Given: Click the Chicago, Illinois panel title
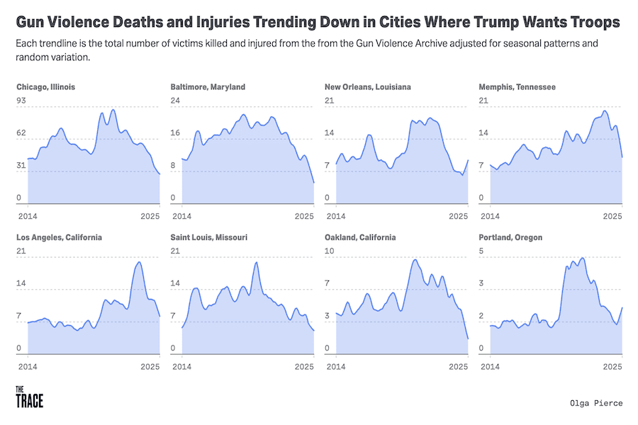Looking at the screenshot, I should point(45,87).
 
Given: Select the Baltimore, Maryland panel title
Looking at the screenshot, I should point(208,87).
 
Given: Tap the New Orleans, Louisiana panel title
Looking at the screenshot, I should point(367,87).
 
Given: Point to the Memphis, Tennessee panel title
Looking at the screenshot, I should point(517,87).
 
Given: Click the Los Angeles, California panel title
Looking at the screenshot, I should point(59,237).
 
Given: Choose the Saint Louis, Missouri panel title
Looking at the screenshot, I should point(209,237).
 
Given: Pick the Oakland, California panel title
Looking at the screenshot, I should point(360,237).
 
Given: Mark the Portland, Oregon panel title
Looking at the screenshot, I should point(510,237).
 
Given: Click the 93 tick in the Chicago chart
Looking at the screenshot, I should point(21,101).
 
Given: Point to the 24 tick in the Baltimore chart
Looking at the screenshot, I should point(175,101).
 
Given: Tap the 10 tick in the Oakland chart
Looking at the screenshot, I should point(329,251).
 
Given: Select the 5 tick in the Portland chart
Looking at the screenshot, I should point(481,251).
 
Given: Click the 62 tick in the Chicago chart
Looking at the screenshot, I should point(21,133).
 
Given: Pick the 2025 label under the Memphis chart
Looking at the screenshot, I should point(612,215).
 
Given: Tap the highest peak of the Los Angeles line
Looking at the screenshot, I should point(138,262).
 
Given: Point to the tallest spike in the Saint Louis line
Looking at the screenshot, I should point(255,263).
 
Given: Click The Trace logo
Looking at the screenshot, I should point(29,397).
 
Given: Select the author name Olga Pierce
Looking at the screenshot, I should point(595,403).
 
